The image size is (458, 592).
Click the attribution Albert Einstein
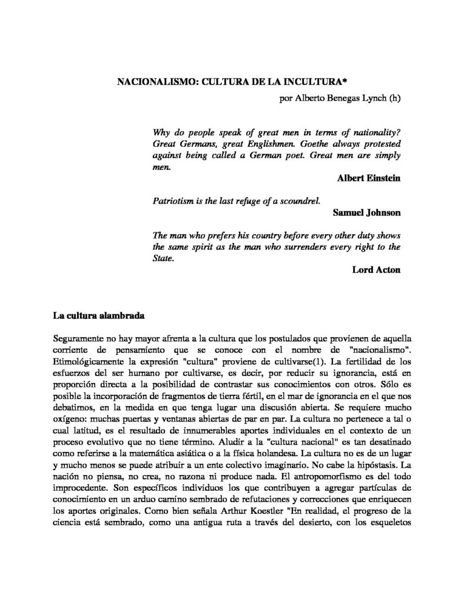tap(369, 179)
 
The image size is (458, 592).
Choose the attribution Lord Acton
tap(376, 269)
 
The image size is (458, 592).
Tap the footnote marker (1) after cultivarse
tap(308, 361)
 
